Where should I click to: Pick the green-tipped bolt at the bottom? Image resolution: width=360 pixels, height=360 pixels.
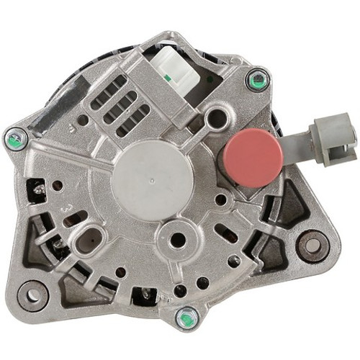187,317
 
